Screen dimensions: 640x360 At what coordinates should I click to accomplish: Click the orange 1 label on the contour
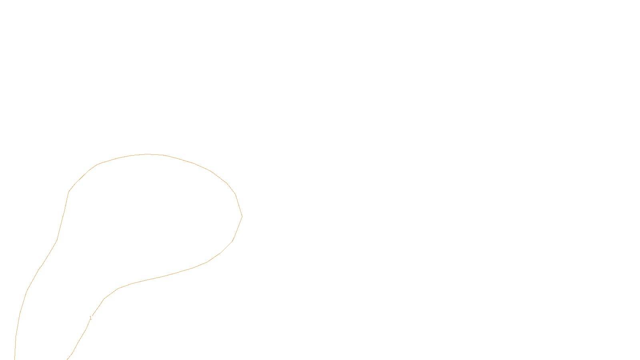90,318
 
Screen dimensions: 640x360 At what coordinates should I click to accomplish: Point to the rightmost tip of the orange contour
242,216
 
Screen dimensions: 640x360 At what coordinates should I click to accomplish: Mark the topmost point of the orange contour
147,154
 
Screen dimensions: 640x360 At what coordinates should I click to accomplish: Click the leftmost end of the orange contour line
15,359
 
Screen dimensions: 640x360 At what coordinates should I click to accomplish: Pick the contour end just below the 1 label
67,359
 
